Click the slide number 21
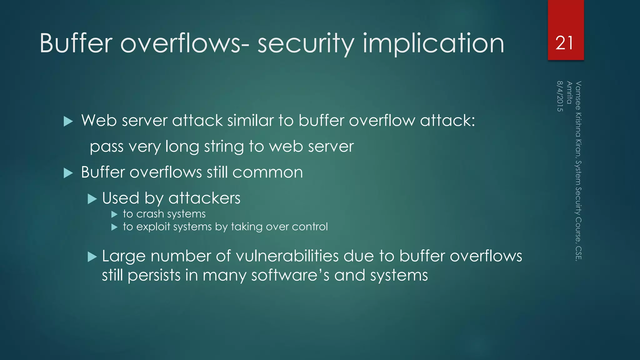pyautogui.click(x=564, y=43)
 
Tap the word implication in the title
pyautogui.click(x=433, y=44)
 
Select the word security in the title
pyautogui.click(x=306, y=44)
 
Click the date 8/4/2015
pyautogui.click(x=560, y=96)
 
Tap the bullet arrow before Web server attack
pyautogui.click(x=68, y=121)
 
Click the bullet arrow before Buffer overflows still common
pyautogui.click(x=68, y=173)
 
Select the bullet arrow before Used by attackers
pyautogui.click(x=92, y=199)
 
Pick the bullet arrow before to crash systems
pyautogui.click(x=114, y=214)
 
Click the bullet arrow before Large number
pyautogui.click(x=92, y=257)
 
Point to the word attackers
pyautogui.click(x=204, y=198)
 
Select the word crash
pyautogui.click(x=150, y=214)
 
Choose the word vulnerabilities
pyautogui.click(x=287, y=256)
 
